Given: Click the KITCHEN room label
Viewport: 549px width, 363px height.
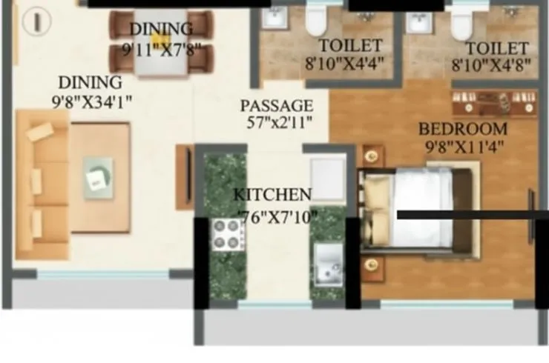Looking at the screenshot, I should point(272,196).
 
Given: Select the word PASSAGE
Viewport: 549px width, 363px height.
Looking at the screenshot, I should point(276,106).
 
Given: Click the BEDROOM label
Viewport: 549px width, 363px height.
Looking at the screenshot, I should point(462,128).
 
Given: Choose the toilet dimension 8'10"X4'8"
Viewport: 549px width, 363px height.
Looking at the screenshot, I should point(490,64).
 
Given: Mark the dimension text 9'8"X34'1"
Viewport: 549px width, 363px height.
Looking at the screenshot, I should point(91,101).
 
